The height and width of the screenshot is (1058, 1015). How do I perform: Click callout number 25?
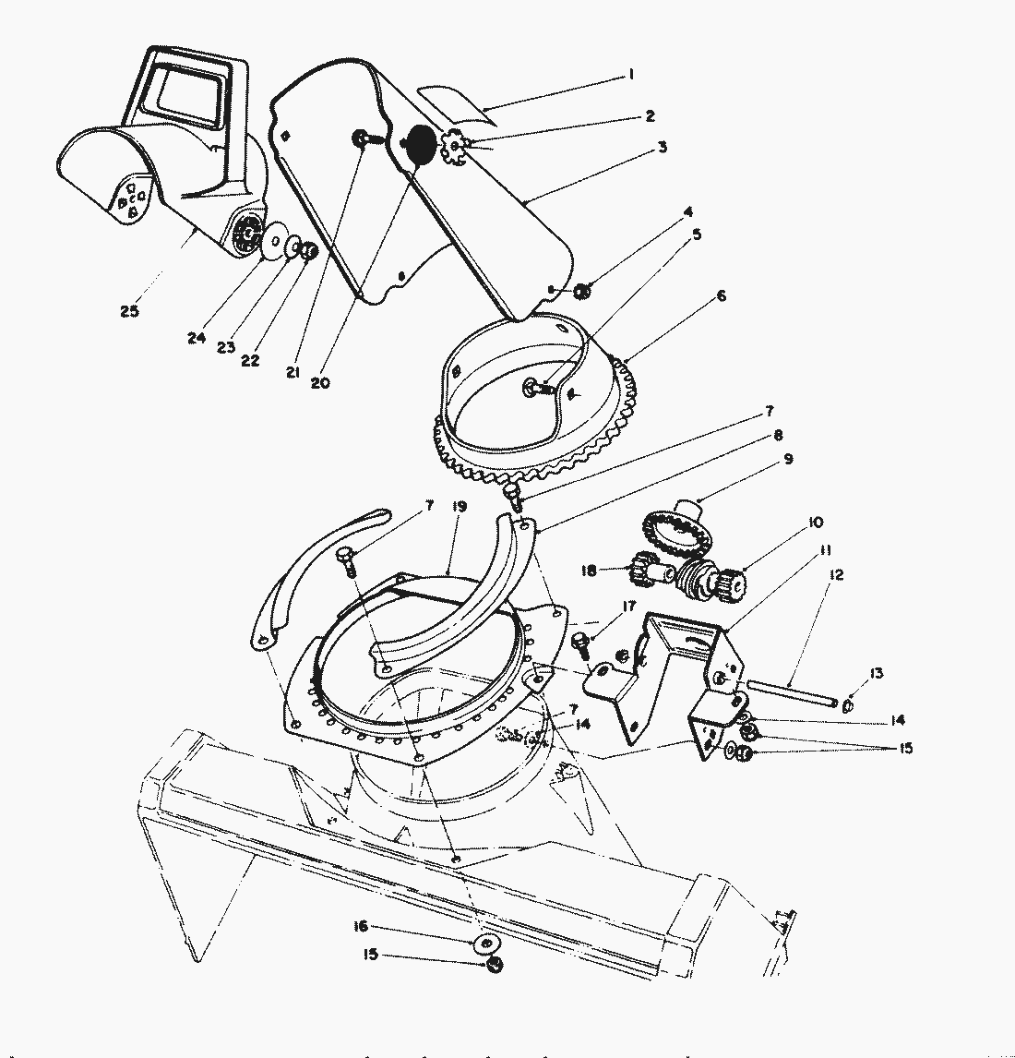click(129, 311)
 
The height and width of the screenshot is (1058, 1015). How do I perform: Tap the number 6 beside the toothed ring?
click(721, 295)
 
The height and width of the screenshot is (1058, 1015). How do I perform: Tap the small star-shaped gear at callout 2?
click(455, 147)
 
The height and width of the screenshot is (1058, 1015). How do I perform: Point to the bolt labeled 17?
click(581, 639)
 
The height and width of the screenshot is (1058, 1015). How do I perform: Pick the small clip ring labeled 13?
click(848, 706)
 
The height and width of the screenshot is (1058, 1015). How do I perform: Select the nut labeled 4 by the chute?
click(582, 293)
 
